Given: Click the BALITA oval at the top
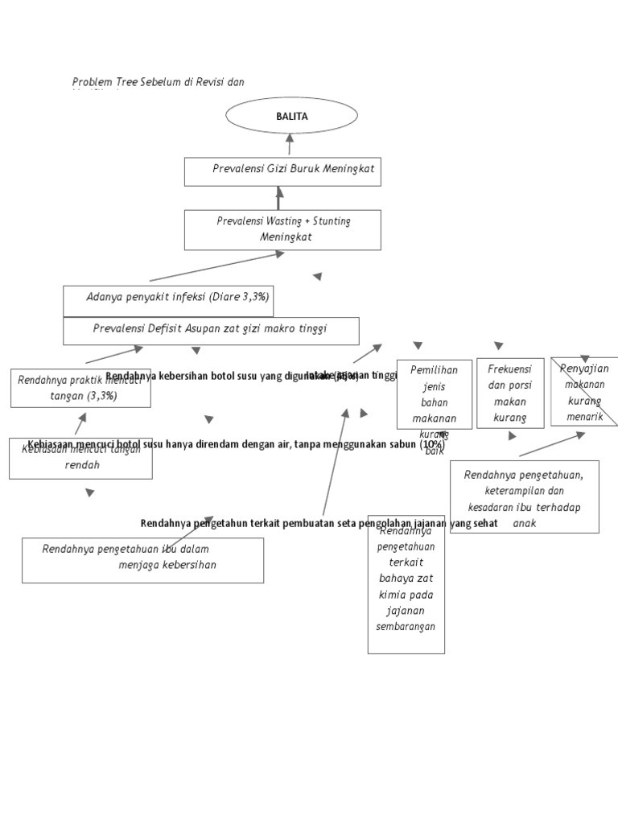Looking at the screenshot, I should coord(291,117).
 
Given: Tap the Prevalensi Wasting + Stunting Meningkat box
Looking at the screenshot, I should coord(282,229).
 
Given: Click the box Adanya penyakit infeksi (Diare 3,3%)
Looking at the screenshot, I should coord(167,301).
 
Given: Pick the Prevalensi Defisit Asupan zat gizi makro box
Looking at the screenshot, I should coord(211,330).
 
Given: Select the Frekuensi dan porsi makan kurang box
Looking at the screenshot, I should coord(509,393).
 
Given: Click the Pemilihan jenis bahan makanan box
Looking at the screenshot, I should coord(434,394).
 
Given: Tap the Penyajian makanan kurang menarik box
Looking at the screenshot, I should coord(584,392).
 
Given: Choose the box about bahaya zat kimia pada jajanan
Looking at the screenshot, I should coord(406,583).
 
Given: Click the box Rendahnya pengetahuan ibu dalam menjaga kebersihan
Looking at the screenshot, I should coord(142,559).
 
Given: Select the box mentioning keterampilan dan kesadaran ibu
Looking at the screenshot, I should coord(524,496).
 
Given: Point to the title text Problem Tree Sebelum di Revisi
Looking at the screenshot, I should coord(158,82).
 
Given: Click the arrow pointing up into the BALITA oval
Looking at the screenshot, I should coord(290,142).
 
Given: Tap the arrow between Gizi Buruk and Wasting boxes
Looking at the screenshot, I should coord(280,196).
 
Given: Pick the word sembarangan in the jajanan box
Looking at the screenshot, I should coord(406,627).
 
